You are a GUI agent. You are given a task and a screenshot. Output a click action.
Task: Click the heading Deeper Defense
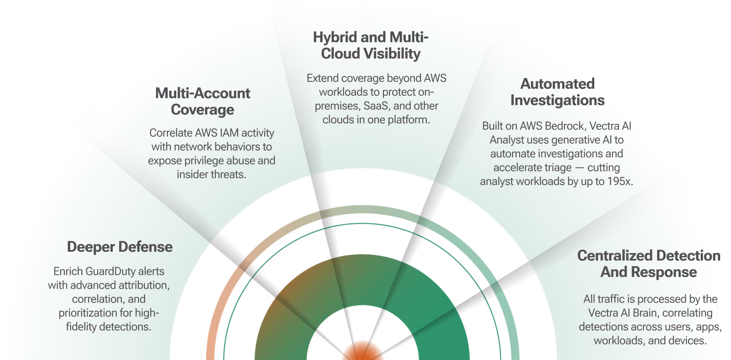120,247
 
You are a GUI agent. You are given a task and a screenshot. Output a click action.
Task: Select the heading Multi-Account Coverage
203,101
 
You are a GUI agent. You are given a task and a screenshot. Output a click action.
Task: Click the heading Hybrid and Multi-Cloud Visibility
371,45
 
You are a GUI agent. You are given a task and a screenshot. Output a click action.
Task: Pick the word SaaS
375,106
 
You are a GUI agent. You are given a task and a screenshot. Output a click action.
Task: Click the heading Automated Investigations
557,92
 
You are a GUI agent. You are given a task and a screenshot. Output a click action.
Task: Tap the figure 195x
620,181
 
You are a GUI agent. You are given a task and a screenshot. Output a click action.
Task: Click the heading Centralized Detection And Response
648,263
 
